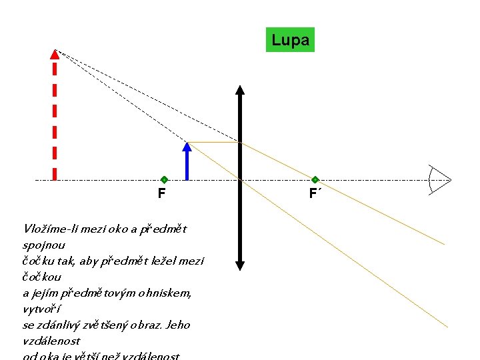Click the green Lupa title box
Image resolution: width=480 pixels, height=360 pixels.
[290, 40]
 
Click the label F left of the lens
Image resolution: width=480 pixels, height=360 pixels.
[162, 194]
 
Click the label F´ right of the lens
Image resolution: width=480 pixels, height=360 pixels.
[315, 194]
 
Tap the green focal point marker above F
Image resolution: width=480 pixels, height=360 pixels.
[164, 180]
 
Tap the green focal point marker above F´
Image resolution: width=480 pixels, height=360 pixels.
[315, 180]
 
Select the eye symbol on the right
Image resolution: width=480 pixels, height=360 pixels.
[439, 180]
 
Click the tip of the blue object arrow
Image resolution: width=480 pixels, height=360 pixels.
[188, 145]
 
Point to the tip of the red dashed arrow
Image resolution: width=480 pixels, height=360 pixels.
[55, 52]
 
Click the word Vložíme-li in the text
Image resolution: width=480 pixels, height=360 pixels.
[49, 229]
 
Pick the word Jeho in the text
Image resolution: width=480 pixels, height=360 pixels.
[177, 325]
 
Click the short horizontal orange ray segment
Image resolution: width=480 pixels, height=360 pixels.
[215, 142]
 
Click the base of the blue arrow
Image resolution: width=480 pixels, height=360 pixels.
[188, 179]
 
